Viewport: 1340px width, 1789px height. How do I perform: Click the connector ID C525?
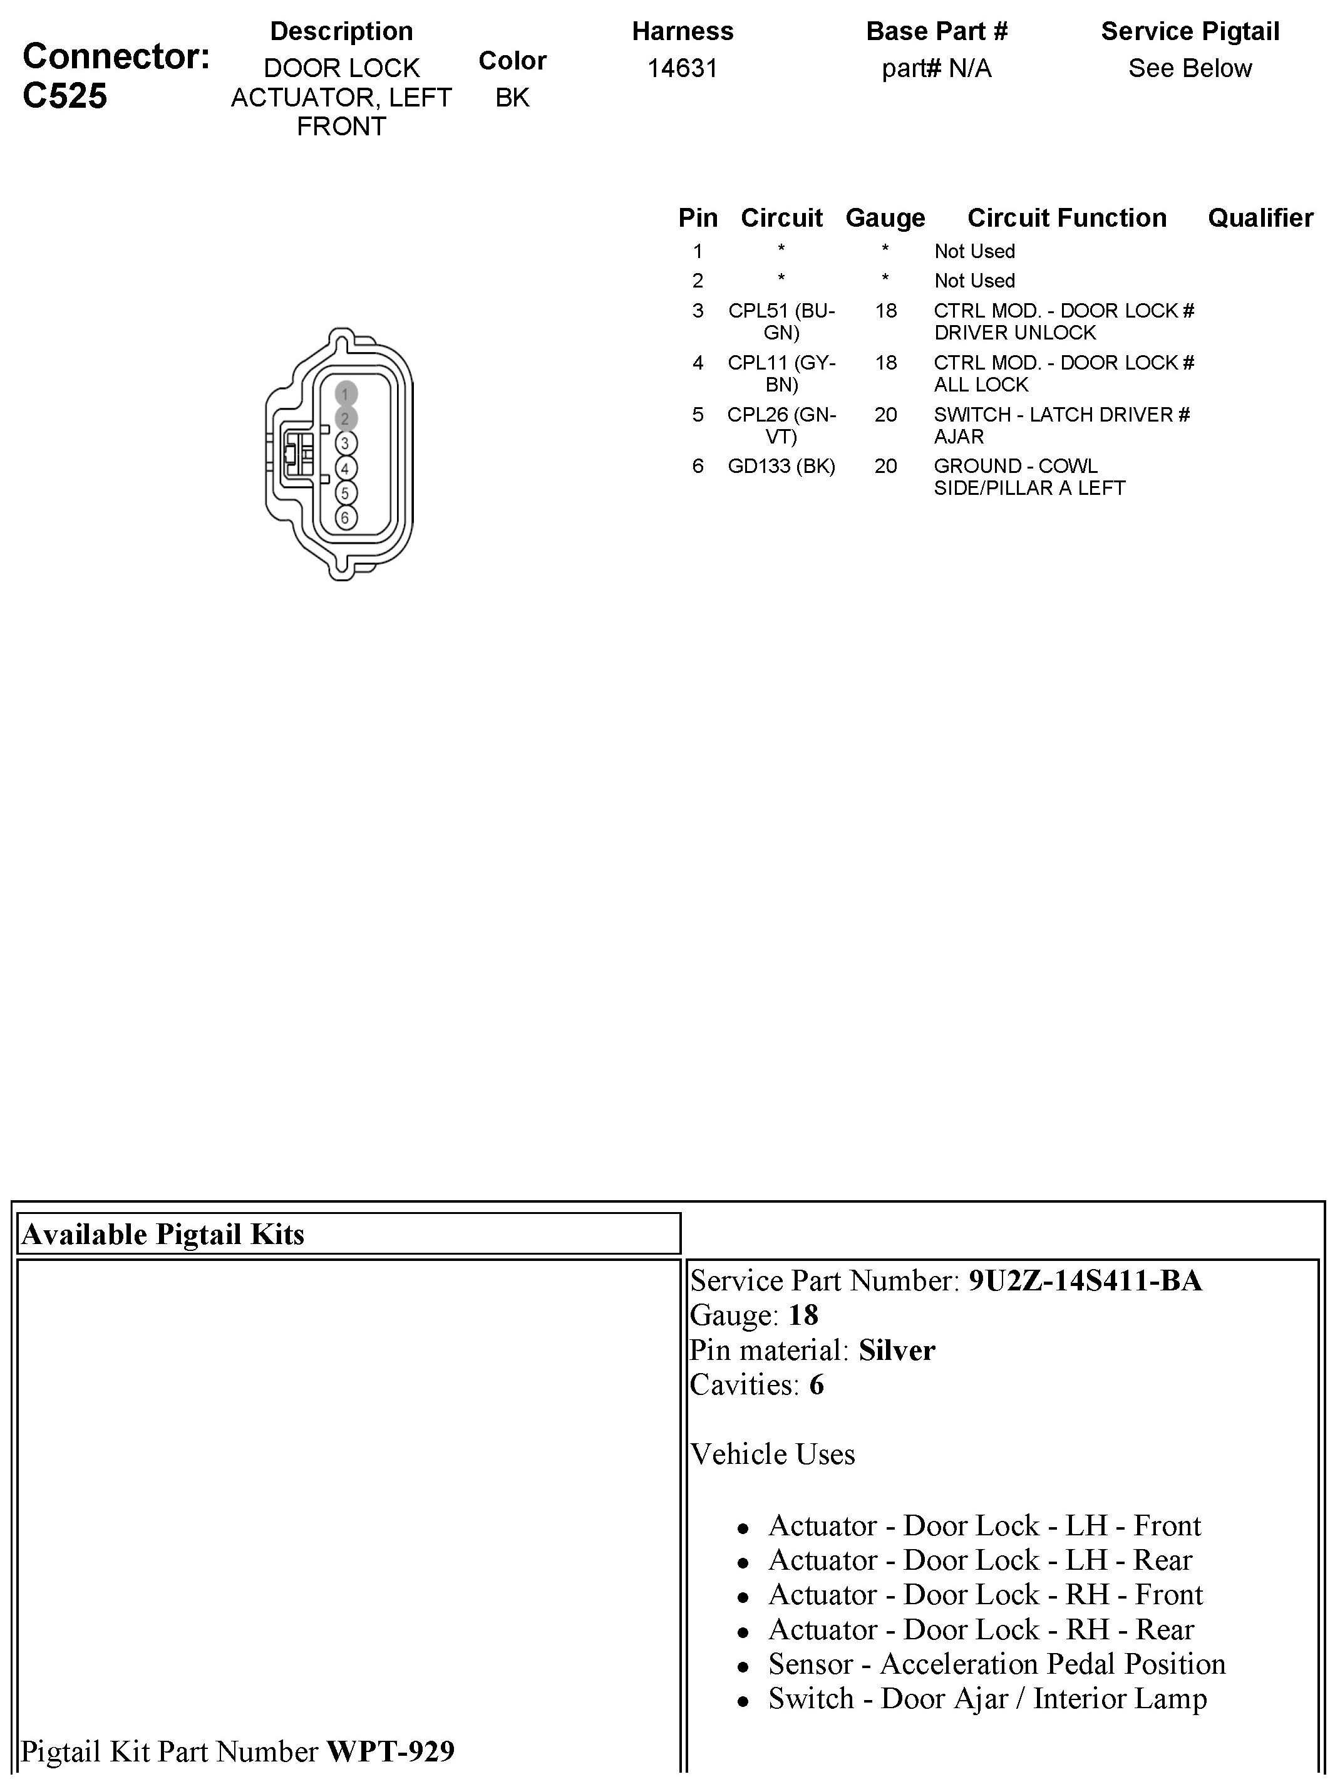[x=64, y=96]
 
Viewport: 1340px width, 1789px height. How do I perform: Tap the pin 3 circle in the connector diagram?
[x=345, y=443]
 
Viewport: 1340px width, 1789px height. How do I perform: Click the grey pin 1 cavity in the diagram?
[x=345, y=394]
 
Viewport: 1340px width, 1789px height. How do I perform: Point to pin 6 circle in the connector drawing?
[x=345, y=517]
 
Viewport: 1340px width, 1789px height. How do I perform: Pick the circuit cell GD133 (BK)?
[x=781, y=466]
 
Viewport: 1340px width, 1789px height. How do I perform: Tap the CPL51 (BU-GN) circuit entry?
[x=781, y=321]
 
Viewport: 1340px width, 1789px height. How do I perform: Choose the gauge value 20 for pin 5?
[x=885, y=415]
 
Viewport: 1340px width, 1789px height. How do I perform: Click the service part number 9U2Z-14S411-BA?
[x=1085, y=1280]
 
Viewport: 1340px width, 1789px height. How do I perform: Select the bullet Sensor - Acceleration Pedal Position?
[x=996, y=1664]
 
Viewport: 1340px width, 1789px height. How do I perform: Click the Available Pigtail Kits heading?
[x=163, y=1234]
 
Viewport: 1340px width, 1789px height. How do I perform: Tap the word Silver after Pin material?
[x=897, y=1350]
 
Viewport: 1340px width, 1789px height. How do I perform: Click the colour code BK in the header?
[x=512, y=98]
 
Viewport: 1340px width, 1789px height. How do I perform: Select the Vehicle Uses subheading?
[x=772, y=1454]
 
